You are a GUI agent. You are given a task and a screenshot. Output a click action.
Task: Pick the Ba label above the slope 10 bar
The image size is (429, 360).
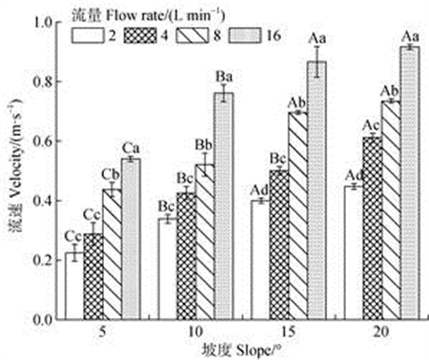[224, 77]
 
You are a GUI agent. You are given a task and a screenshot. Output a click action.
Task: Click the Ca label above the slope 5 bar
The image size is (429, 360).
[131, 149]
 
